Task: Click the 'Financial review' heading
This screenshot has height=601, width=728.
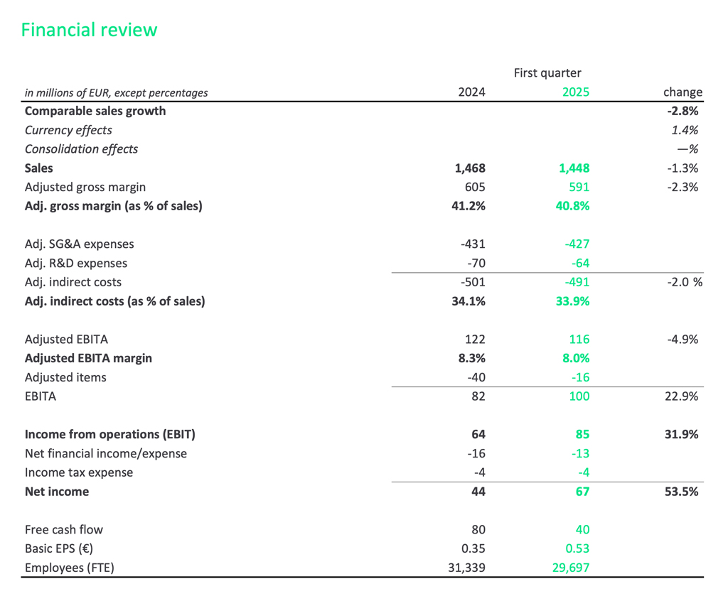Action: (x=89, y=30)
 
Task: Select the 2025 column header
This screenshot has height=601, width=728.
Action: (x=575, y=92)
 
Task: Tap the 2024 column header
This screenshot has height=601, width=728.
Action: (x=471, y=92)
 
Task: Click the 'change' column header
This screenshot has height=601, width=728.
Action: (x=682, y=92)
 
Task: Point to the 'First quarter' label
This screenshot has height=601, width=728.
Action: (x=547, y=72)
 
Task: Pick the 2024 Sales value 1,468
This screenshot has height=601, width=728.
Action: (x=469, y=168)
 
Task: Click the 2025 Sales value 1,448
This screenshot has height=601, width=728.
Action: (x=574, y=168)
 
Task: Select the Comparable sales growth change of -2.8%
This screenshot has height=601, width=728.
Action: (x=682, y=111)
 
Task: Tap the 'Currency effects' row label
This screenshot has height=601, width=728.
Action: (x=68, y=130)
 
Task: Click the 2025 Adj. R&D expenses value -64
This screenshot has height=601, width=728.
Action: (x=579, y=263)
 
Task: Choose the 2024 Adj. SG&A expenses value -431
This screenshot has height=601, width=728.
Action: (x=473, y=244)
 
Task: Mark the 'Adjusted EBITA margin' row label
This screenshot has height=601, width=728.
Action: (x=88, y=358)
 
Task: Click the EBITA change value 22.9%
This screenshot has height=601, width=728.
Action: (x=682, y=396)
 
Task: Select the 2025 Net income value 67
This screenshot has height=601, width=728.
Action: (x=582, y=491)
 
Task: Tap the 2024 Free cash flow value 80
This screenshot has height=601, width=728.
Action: (x=477, y=529)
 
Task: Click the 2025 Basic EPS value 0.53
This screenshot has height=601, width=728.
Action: (x=577, y=548)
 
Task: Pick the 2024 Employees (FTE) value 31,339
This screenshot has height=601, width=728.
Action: (x=464, y=568)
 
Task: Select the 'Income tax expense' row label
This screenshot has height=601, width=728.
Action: (x=79, y=472)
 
